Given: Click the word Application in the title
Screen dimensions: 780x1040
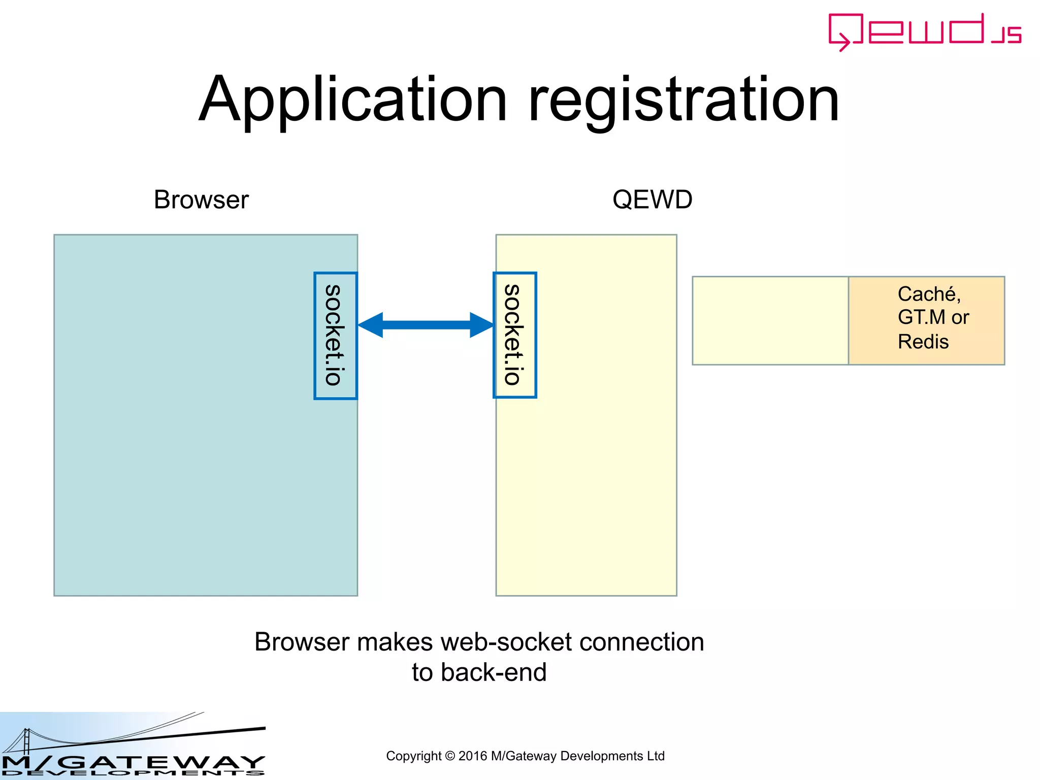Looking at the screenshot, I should [353, 100].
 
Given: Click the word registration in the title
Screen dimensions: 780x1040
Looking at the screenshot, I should [684, 100].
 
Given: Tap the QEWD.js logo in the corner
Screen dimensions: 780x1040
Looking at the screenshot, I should [924, 31].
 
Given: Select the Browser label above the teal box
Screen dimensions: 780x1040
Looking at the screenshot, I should [201, 200].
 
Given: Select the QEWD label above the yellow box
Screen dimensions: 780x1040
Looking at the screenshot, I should [652, 200].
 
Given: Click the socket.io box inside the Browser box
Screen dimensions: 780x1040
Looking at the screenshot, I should [335, 336].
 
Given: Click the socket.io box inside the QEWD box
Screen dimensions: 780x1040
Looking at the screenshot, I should [514, 335].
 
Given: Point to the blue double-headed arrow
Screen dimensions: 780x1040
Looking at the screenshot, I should [426, 325].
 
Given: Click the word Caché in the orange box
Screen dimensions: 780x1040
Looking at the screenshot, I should [927, 294].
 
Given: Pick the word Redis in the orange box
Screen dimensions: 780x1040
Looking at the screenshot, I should [923, 342].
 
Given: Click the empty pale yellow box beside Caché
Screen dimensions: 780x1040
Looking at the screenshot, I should [770, 320].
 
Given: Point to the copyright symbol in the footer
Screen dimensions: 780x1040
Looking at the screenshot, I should [449, 756].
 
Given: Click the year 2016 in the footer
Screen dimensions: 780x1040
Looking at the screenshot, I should [472, 756].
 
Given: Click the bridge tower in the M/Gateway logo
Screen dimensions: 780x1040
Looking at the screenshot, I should [26, 741].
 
